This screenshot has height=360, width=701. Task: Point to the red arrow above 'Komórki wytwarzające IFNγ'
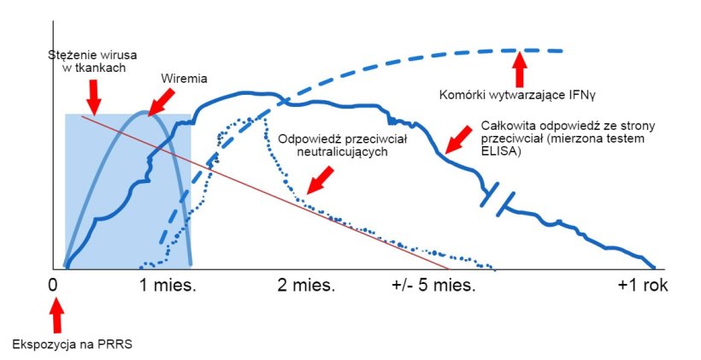click(x=519, y=65)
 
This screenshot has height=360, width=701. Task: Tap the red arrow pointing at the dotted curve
click(x=321, y=180)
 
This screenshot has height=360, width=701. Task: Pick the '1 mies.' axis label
click(x=168, y=285)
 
